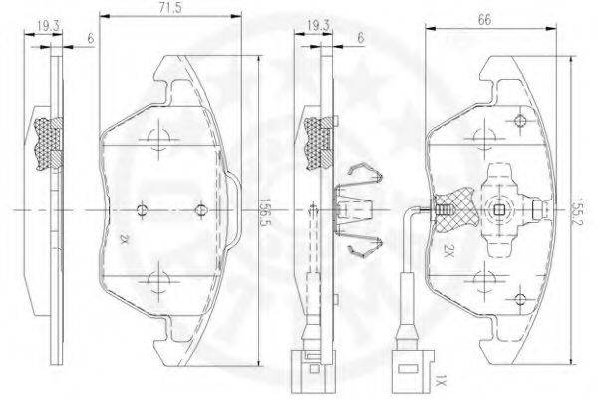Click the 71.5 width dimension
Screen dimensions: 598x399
coord(170,8)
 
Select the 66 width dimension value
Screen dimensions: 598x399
coord(484,20)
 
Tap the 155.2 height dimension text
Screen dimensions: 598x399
coord(577,212)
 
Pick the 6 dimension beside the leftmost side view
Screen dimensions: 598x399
coord(91,38)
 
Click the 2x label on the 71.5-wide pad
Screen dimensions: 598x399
coord(123,240)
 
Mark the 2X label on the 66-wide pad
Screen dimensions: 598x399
coord(448,251)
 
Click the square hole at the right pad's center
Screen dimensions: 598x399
coord(499,210)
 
